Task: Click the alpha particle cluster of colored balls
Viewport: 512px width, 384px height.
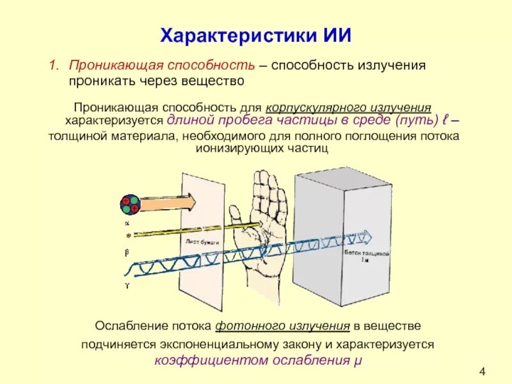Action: point(130,205)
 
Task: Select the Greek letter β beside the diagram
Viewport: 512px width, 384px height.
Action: point(126,253)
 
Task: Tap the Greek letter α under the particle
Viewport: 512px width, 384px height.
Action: point(126,223)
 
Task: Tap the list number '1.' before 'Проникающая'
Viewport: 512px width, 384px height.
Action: point(55,66)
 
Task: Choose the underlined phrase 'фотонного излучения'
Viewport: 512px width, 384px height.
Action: point(282,325)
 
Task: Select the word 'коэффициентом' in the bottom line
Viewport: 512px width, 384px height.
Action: point(198,360)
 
